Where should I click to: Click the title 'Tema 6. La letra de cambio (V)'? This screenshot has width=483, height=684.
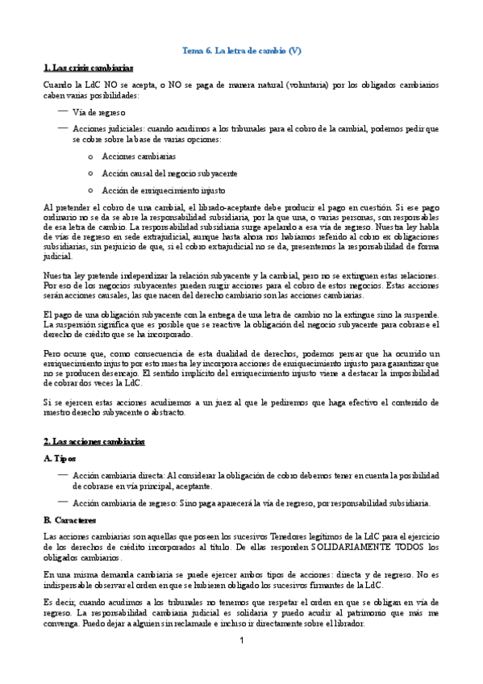tap(240, 51)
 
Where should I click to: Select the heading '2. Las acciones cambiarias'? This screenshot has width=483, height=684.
tap(93, 442)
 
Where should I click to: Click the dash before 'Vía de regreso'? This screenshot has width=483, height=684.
tap(62, 111)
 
